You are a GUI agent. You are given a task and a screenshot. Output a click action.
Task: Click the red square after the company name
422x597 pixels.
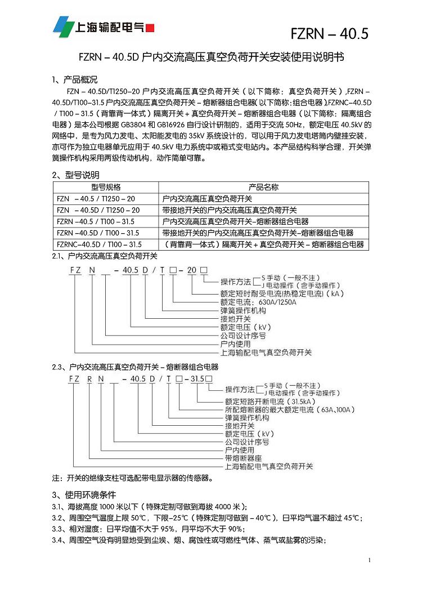click(150, 27)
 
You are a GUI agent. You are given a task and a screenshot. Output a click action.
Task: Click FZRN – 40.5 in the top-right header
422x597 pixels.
click(329, 34)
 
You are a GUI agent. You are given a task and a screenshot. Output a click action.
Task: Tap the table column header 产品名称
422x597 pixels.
click(263, 188)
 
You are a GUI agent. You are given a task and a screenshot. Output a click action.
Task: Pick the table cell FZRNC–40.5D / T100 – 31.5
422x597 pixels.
click(100, 244)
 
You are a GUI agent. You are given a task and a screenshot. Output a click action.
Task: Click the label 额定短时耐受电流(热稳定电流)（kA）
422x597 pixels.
click(282, 294)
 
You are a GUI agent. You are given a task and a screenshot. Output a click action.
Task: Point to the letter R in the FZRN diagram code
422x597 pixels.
click(89, 378)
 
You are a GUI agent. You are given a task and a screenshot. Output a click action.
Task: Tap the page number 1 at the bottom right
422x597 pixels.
click(370, 560)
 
